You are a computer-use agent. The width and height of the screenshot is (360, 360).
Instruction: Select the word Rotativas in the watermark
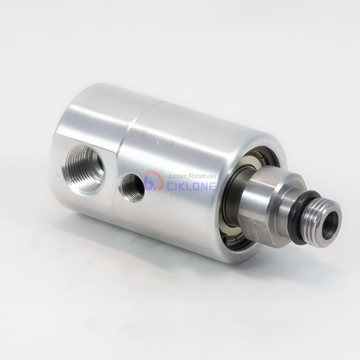[202, 176]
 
